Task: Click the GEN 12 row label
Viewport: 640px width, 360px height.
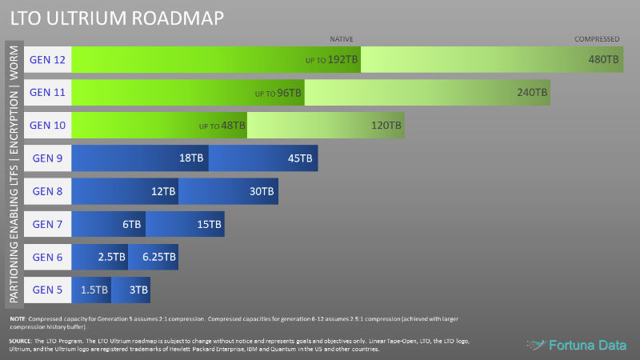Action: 47,59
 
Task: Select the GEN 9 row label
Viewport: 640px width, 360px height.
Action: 47,158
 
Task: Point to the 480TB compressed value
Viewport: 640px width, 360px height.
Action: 603,59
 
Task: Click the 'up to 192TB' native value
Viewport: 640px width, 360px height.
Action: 332,59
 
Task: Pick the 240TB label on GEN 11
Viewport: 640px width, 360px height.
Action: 532,93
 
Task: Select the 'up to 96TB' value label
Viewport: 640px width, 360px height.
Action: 278,93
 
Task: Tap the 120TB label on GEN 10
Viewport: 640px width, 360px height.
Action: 386,126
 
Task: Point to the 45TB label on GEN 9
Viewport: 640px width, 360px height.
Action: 300,158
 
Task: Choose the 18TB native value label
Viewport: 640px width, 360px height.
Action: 192,158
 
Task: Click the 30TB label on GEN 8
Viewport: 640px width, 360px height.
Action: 262,191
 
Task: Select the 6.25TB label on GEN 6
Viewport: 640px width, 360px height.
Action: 158,257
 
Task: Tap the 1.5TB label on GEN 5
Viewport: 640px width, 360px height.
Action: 94,290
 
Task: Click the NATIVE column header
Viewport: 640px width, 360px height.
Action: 342,39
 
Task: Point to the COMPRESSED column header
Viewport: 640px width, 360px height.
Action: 597,39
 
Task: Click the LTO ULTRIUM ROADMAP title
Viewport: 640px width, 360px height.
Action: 117,16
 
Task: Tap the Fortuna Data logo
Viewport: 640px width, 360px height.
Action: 578,345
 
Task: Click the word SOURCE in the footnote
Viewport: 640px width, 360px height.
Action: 22,341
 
